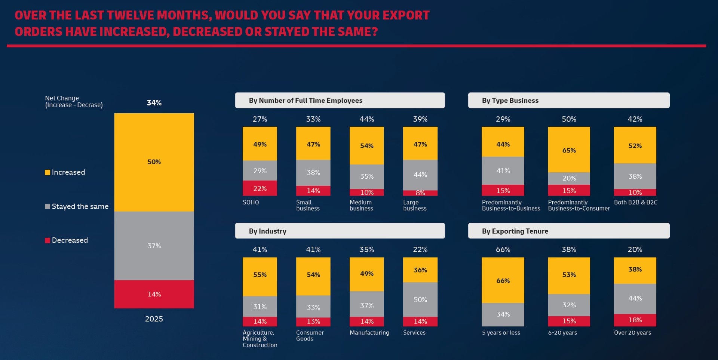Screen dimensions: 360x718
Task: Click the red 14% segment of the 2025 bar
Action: pos(154,294)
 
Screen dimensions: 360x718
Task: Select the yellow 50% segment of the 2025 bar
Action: pos(154,162)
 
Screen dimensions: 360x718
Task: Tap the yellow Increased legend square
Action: pos(47,172)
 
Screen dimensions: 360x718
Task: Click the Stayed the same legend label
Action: pos(80,206)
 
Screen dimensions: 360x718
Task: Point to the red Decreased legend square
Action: pos(47,240)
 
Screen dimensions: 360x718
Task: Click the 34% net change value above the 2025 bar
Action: pos(154,103)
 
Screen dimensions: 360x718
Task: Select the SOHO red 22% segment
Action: pos(260,188)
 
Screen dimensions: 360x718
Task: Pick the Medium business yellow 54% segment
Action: pos(366,145)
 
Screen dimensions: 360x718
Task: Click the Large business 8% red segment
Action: pos(420,193)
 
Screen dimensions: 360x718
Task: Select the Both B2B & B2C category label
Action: pos(635,202)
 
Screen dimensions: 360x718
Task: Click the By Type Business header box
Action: pos(568,100)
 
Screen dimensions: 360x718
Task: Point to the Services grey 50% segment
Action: pos(420,299)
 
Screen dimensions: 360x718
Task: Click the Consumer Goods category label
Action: pos(310,335)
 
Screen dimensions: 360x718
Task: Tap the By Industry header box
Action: pos(340,231)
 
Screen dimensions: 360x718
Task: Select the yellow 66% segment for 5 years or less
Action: pos(503,280)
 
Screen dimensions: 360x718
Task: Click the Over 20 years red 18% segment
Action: pos(635,320)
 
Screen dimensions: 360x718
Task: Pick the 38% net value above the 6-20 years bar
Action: pos(569,249)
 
